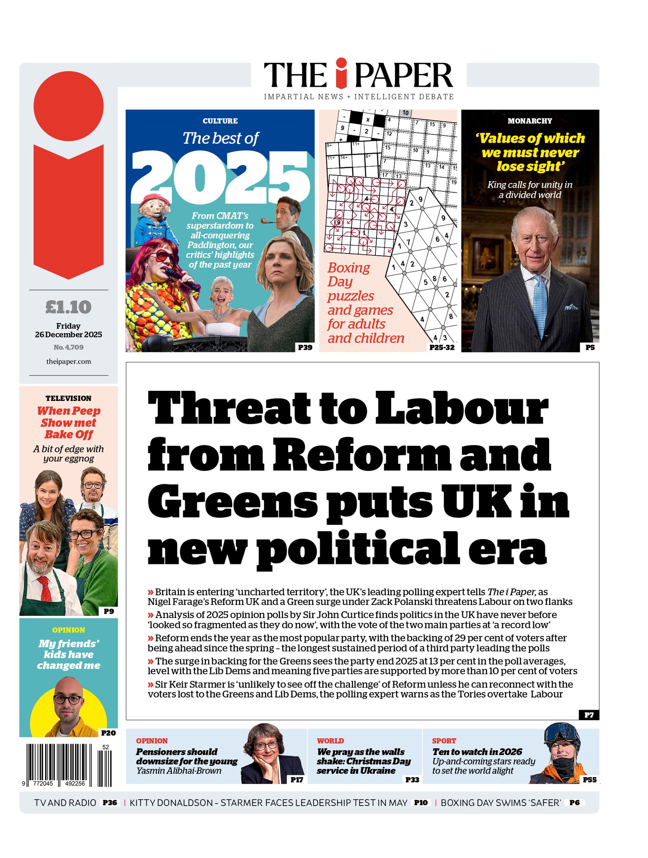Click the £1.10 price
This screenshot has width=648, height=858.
(68, 307)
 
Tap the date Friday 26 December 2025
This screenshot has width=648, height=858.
(68, 330)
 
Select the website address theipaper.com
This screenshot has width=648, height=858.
(68, 362)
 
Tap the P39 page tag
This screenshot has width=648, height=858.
(305, 347)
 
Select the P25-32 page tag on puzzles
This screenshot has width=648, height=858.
(442, 347)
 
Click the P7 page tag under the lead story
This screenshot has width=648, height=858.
(589, 715)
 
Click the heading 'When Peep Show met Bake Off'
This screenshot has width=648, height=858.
(68, 423)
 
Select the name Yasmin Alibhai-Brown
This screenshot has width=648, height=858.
(179, 771)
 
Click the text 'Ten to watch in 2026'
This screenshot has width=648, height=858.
(477, 752)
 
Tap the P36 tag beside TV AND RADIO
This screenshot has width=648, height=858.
(110, 803)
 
